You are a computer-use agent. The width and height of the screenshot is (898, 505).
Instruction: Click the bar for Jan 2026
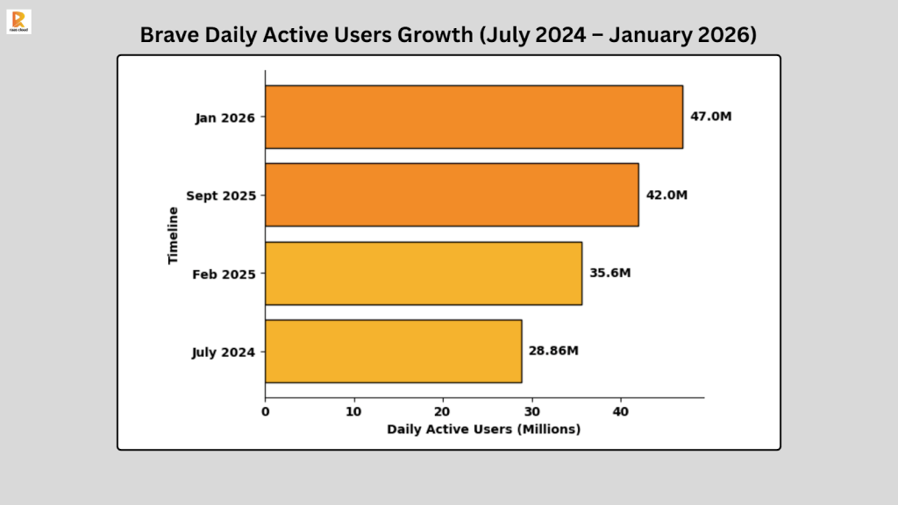coord(474,117)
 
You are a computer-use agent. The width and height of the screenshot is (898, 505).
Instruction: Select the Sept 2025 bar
coord(452,195)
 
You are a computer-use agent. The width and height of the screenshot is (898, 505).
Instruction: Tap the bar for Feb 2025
coord(424,274)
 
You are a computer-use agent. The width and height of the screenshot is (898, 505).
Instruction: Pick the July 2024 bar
coord(393,352)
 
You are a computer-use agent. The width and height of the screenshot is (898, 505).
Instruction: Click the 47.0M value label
coord(710,117)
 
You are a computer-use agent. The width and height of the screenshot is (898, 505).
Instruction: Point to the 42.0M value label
coord(666,195)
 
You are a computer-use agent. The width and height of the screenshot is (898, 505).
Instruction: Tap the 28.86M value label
coord(553,351)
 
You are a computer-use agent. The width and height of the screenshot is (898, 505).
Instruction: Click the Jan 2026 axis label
coord(225,117)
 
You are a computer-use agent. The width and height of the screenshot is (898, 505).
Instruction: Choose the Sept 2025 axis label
coord(221,196)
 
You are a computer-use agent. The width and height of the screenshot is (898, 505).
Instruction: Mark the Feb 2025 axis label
coord(224,274)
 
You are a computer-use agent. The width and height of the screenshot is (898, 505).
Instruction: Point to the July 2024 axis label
coord(224,352)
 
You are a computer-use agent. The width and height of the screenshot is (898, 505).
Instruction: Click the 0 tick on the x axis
coord(266,410)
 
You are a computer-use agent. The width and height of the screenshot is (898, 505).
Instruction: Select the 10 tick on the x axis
coord(354,410)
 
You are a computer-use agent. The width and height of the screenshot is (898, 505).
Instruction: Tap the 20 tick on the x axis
coord(443,410)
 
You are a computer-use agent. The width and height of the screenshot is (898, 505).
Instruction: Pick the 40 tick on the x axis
coord(621,410)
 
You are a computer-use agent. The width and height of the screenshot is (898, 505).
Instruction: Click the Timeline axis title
coord(174,235)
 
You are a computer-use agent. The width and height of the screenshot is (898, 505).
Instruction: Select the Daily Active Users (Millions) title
coord(483,429)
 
